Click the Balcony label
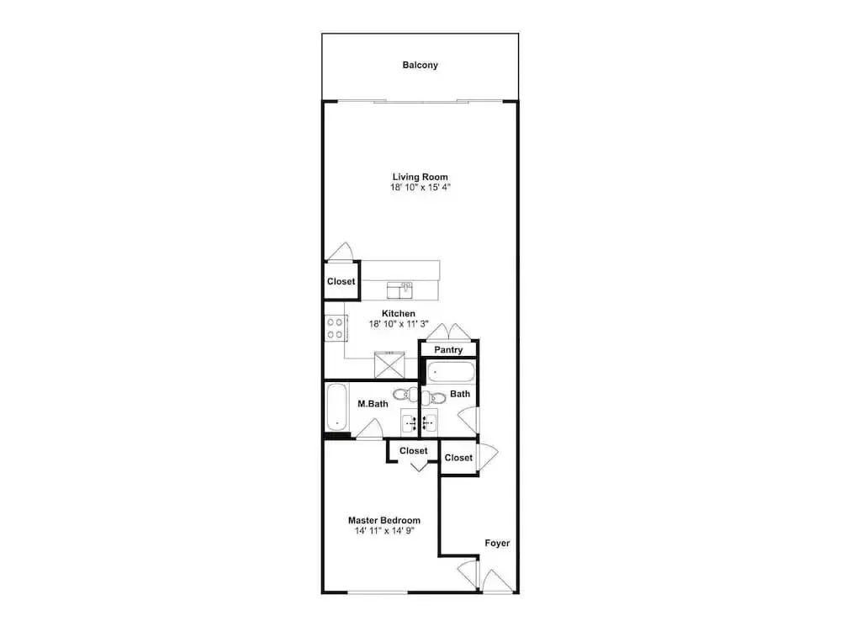pyautogui.click(x=420, y=65)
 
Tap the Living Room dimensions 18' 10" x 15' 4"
pyautogui.click(x=420, y=187)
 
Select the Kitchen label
pyautogui.click(x=398, y=313)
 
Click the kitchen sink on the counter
pyautogui.click(x=399, y=289)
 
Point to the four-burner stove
pyautogui.click(x=336, y=328)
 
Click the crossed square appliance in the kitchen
pyautogui.click(x=389, y=365)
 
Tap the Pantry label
pyautogui.click(x=448, y=350)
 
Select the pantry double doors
pyautogui.click(x=449, y=332)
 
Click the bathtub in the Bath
pyautogui.click(x=451, y=372)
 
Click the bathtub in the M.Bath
pyautogui.click(x=337, y=406)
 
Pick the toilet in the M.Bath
pyautogui.click(x=406, y=395)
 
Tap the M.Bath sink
pyautogui.click(x=410, y=422)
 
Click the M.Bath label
pyautogui.click(x=373, y=403)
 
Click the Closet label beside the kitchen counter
pyautogui.click(x=341, y=281)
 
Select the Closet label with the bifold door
pyautogui.click(x=414, y=451)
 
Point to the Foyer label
pyautogui.click(x=497, y=543)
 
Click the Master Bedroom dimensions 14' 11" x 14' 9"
pyautogui.click(x=384, y=531)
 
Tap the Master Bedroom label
pyautogui.click(x=384, y=520)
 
